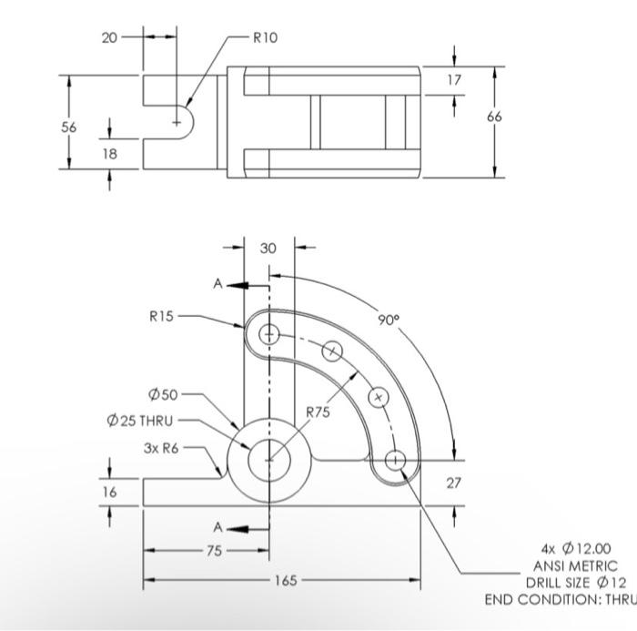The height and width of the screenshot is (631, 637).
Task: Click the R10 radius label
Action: [x=265, y=37]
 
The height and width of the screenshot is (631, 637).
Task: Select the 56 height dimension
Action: [x=68, y=127]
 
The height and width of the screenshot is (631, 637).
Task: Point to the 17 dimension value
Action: [x=455, y=80]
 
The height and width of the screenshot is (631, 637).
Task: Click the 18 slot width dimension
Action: [x=109, y=154]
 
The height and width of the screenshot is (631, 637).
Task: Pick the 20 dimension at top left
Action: [x=109, y=37]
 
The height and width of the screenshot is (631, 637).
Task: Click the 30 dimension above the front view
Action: [x=268, y=248]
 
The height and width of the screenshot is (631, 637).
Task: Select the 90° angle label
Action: [x=389, y=321]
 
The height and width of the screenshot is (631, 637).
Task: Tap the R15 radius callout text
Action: [x=162, y=317]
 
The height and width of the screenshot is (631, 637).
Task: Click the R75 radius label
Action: [x=318, y=412]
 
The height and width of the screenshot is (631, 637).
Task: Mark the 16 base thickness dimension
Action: [x=109, y=490]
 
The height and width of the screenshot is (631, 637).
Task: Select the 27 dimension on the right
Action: [x=454, y=483]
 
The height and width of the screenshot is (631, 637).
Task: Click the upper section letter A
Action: [x=217, y=284]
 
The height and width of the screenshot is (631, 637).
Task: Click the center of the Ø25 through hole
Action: [x=268, y=460]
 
